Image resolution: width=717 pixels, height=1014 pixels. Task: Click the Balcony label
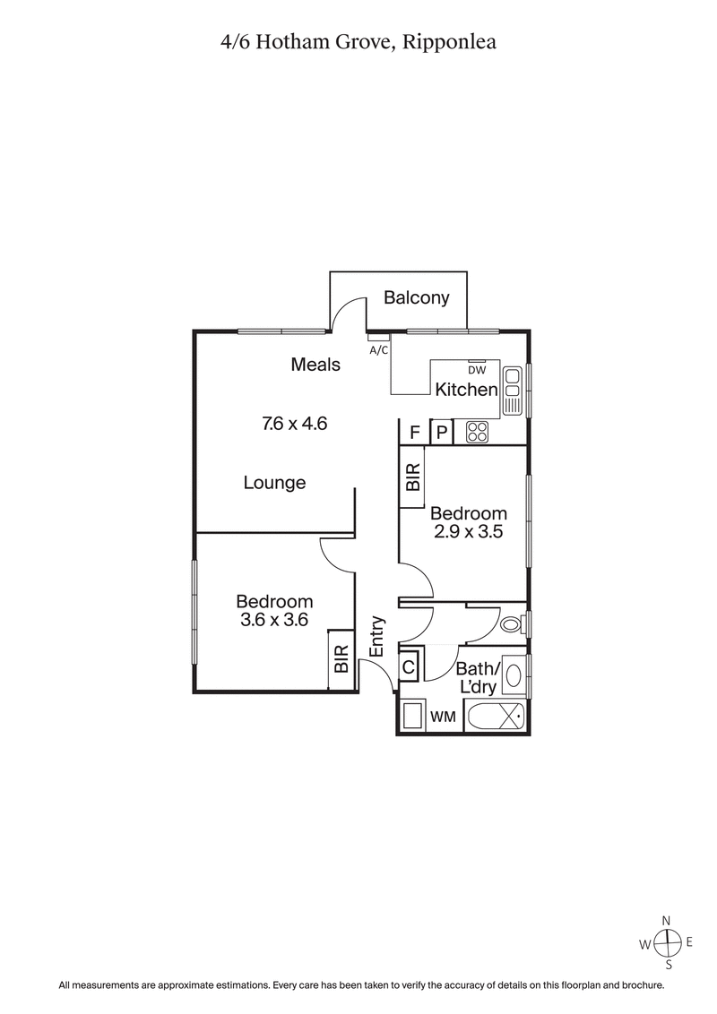tap(417, 298)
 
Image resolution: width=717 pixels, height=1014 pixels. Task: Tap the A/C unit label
tap(379, 350)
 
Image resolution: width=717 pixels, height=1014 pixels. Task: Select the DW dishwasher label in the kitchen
tap(476, 369)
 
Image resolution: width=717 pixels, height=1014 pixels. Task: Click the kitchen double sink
tap(513, 390)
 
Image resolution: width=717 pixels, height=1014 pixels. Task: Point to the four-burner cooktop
tap(475, 433)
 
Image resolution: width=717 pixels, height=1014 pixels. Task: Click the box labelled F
tap(414, 433)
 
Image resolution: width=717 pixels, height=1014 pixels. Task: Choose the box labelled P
tap(442, 433)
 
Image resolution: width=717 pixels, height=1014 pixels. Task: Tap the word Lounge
tap(275, 483)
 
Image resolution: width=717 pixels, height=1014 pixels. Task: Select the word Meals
tap(315, 365)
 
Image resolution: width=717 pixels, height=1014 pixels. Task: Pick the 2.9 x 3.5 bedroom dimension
tap(469, 531)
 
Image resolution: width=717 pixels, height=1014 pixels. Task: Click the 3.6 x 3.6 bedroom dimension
tap(274, 619)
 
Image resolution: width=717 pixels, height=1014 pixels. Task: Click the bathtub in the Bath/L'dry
tap(496, 718)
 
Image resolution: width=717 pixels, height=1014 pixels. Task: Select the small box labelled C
tap(408, 666)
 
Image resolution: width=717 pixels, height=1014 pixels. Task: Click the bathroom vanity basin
tap(514, 675)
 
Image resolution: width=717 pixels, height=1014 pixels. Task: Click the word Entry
tap(377, 636)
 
